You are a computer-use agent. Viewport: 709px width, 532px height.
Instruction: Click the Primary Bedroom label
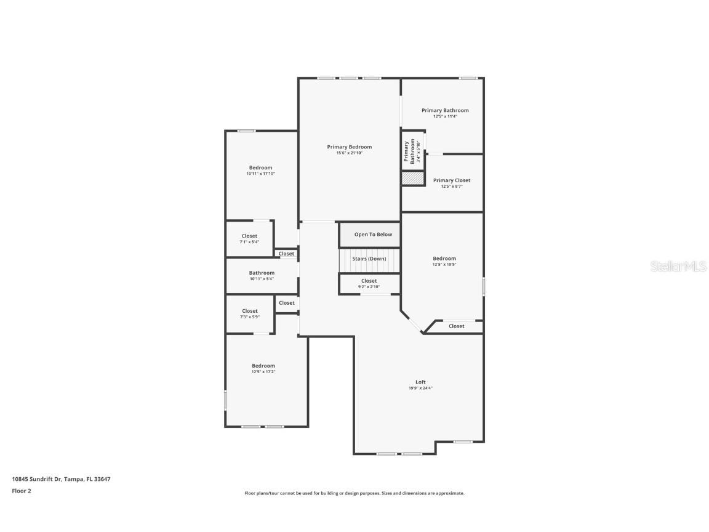coord(349,147)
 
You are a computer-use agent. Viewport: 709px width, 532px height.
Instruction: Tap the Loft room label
coord(420,382)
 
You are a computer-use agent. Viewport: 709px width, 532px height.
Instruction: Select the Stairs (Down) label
coord(369,259)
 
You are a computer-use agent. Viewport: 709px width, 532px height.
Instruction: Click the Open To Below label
coord(373,235)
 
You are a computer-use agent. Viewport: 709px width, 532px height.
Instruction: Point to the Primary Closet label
coord(451,180)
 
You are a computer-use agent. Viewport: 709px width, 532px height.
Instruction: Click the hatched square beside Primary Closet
coord(413,178)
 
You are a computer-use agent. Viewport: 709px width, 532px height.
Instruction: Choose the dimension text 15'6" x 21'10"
coord(349,153)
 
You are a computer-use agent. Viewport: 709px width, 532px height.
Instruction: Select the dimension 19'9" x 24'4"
coord(420,389)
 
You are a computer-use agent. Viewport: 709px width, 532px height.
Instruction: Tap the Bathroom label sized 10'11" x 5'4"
coord(262,273)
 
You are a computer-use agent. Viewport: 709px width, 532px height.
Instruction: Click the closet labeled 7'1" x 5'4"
coord(249,236)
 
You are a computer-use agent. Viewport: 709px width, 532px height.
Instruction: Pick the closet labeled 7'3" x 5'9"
coord(249,311)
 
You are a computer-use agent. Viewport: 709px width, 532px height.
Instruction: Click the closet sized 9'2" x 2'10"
coord(369,281)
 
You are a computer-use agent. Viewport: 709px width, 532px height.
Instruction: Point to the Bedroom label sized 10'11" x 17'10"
coord(260,167)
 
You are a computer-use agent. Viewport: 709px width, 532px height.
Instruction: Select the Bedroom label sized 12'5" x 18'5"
coord(444,259)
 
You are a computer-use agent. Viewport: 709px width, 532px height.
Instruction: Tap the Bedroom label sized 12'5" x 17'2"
coord(263,366)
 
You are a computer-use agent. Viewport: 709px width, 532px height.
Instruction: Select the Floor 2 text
coord(22,491)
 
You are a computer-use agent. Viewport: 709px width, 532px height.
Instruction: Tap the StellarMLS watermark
coord(679,266)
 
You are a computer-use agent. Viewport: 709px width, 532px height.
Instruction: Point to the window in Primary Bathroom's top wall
coord(468,78)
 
